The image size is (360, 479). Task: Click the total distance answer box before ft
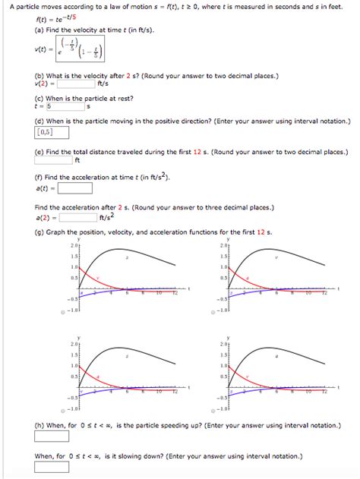tap(54, 160)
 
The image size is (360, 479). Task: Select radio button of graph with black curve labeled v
tap(215, 312)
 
